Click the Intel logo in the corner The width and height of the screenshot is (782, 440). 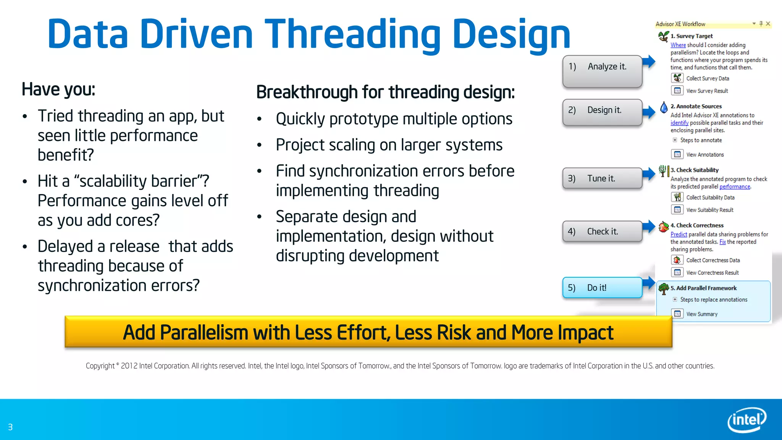point(746,420)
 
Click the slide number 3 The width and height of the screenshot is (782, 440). point(10,427)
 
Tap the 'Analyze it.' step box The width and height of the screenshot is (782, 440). point(602,71)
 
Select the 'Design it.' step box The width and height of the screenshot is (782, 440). point(602,112)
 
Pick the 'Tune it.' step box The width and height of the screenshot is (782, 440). point(602,178)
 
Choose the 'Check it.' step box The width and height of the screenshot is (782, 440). point(602,231)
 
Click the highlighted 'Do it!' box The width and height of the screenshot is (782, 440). point(602,288)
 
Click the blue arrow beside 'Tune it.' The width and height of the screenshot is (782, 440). point(649,174)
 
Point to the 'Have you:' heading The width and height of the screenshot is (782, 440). point(58,89)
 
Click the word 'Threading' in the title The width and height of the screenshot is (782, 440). point(352,35)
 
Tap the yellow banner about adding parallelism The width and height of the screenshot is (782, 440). point(368,332)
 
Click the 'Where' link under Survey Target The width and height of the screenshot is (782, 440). point(678,45)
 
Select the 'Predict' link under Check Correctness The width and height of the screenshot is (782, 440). point(679,235)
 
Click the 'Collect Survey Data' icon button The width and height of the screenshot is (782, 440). point(677,78)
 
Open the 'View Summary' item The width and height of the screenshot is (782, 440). point(701,314)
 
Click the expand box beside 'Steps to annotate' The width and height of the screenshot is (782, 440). point(675,140)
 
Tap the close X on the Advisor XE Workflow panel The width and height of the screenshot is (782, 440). point(768,24)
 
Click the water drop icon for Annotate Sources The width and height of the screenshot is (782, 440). point(664,107)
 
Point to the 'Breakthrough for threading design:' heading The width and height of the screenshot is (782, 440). point(385,92)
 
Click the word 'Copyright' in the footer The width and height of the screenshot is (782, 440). point(100,366)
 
